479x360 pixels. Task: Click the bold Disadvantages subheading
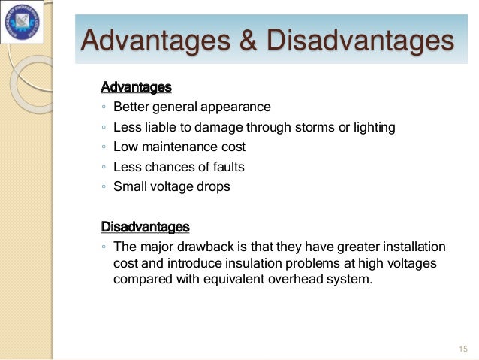tap(145, 225)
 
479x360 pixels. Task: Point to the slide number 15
tap(462, 349)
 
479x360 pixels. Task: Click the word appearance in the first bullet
tap(236, 107)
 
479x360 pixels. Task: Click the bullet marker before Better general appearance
tap(104, 107)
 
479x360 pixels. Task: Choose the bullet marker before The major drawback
tap(104, 247)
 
